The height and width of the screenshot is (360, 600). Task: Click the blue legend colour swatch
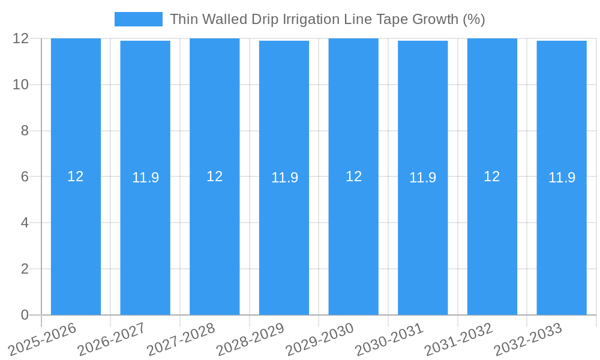click(x=138, y=19)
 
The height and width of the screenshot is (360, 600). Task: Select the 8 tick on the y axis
click(x=25, y=131)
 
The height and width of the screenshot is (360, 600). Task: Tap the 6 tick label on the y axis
click(x=25, y=176)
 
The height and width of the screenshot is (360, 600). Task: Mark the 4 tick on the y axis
click(x=25, y=223)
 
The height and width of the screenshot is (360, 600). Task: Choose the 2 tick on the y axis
click(x=25, y=269)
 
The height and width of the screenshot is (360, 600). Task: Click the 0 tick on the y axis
click(x=25, y=315)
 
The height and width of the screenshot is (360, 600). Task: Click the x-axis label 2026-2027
click(x=112, y=340)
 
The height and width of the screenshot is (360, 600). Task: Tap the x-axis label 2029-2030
click(x=320, y=340)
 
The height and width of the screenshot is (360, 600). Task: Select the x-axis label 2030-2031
click(x=389, y=340)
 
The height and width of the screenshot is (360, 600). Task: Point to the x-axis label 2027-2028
click(x=181, y=340)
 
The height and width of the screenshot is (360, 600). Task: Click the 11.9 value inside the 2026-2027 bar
click(x=145, y=178)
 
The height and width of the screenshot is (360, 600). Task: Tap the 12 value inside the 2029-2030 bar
click(x=353, y=176)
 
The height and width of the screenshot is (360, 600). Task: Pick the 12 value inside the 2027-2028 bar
click(x=215, y=176)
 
